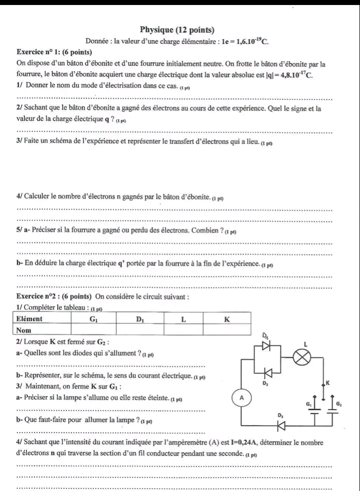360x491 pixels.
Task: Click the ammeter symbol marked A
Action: (242, 398)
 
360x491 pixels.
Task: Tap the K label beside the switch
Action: (328, 382)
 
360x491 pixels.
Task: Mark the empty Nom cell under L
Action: (183, 329)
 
